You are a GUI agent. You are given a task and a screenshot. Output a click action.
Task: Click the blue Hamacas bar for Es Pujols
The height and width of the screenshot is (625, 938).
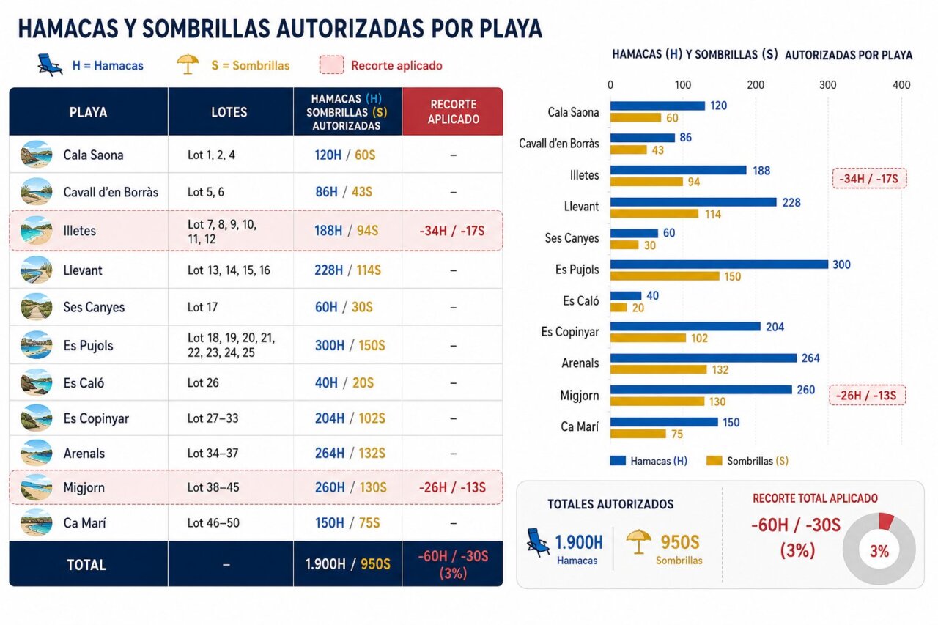pos(719,265)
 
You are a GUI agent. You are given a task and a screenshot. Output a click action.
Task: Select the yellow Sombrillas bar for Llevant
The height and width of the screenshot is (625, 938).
pos(654,213)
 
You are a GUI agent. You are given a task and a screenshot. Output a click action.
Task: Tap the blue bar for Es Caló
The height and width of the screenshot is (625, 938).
pos(626,295)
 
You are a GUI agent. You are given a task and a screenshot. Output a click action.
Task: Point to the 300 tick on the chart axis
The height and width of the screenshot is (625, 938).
pos(828,85)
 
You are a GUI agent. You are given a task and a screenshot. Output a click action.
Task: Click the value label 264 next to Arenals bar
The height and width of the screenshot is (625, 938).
pos(810,358)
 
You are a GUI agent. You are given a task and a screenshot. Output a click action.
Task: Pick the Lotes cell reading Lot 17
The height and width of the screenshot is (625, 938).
pos(203,307)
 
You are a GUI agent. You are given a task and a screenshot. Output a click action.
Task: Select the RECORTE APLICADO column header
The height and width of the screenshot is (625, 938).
pos(453,112)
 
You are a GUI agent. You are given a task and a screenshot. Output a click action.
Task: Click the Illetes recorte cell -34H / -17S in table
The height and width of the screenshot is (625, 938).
pos(452,231)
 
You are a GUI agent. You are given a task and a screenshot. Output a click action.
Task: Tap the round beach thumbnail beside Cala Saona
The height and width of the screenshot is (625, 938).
pos(37,155)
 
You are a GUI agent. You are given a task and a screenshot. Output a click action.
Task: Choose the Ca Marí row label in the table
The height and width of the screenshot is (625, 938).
pos(84,523)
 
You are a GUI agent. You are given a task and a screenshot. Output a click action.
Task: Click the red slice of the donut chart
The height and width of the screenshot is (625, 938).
pos(886,521)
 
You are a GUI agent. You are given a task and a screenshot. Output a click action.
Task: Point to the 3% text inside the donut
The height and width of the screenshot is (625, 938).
pos(879,551)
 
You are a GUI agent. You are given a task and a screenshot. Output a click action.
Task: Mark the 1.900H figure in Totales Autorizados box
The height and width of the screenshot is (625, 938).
pos(579,542)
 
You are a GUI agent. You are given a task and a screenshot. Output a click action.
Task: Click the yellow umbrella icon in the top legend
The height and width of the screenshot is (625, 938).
pos(188,64)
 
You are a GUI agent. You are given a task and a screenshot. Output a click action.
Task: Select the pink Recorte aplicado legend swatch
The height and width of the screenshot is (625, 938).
pos(332,65)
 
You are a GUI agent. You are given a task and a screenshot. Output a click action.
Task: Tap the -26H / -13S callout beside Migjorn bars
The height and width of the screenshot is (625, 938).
pos(867,395)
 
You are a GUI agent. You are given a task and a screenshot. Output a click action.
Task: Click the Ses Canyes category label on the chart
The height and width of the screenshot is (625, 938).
pos(572,238)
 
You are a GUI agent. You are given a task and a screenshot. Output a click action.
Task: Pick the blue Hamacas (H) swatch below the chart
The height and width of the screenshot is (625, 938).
pos(618,460)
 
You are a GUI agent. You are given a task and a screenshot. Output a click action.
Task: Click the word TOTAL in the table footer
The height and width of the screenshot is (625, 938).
pos(86,565)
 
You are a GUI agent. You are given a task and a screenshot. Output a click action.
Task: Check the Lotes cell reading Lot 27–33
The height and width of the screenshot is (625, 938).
pos(213,418)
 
